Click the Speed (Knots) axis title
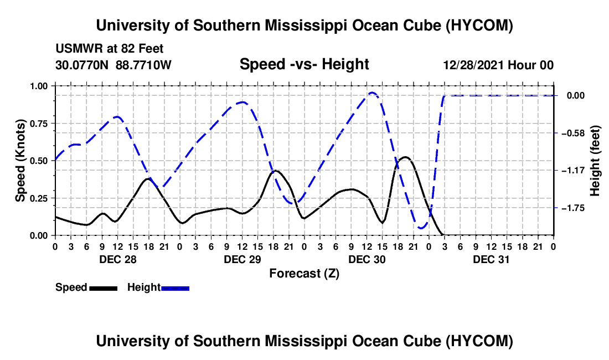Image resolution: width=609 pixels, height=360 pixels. [20, 161]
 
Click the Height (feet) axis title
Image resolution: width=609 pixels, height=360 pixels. [595, 161]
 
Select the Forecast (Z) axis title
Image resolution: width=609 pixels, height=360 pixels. [304, 274]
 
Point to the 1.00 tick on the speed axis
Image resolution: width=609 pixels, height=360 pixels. [38, 86]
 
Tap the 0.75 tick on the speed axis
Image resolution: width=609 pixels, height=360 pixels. [38, 124]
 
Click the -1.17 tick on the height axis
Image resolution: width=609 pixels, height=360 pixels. [573, 171]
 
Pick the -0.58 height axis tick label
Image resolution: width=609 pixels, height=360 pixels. [573, 133]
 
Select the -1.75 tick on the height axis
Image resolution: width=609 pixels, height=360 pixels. [573, 208]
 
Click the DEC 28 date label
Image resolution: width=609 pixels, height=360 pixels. [118, 259]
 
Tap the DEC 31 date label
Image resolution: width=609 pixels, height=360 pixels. [491, 259]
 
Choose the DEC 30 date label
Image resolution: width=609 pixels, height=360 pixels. [367, 259]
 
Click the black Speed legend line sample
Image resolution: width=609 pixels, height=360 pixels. [104, 288]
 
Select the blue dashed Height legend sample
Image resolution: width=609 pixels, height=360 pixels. [175, 288]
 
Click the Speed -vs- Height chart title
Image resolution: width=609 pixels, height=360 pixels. [304, 64]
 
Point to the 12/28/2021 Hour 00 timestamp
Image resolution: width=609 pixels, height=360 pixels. [498, 65]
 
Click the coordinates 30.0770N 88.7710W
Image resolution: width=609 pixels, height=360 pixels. [113, 65]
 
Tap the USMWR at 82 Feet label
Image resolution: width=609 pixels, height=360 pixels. [110, 49]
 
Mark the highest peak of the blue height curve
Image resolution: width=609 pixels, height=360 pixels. [372, 93]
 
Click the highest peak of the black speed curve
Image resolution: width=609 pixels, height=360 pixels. [405, 157]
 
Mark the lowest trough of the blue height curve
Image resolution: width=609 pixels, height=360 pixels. [421, 228]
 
